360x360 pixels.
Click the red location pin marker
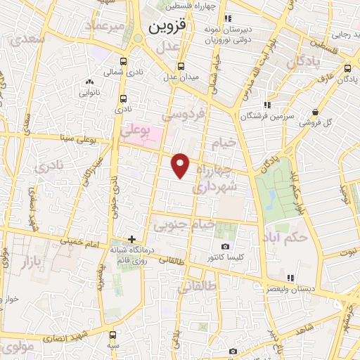(x=181, y=164)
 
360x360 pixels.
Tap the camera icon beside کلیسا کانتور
(x=225, y=247)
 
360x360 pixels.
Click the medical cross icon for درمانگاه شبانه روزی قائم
(x=131, y=240)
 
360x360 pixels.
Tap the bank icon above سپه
(x=113, y=335)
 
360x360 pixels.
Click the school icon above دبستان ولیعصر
(x=290, y=276)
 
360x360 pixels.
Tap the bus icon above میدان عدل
(x=181, y=66)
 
